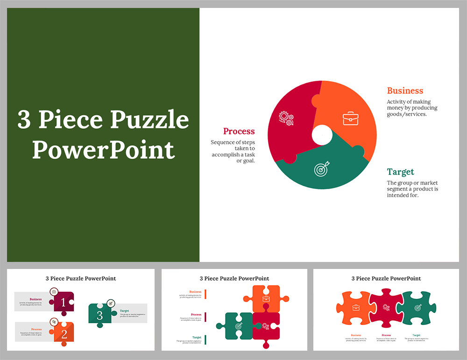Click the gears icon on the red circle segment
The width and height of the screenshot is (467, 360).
[286, 118]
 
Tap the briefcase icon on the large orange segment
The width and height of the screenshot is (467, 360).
[350, 118]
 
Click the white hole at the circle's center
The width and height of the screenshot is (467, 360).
[322, 135]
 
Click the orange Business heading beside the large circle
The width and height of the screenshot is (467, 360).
[405, 91]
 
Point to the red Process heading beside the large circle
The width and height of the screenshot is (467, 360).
[239, 131]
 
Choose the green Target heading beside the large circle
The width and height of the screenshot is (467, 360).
[400, 172]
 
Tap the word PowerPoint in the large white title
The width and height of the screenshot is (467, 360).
[103, 150]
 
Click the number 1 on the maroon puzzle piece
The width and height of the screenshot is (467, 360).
[64, 303]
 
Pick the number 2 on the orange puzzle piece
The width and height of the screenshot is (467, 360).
[64, 334]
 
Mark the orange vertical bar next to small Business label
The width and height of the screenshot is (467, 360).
[205, 294]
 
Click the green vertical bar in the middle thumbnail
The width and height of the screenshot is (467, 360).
[205, 339]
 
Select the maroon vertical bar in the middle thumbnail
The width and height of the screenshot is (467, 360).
[205, 317]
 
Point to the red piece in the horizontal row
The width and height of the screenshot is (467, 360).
[386, 308]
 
